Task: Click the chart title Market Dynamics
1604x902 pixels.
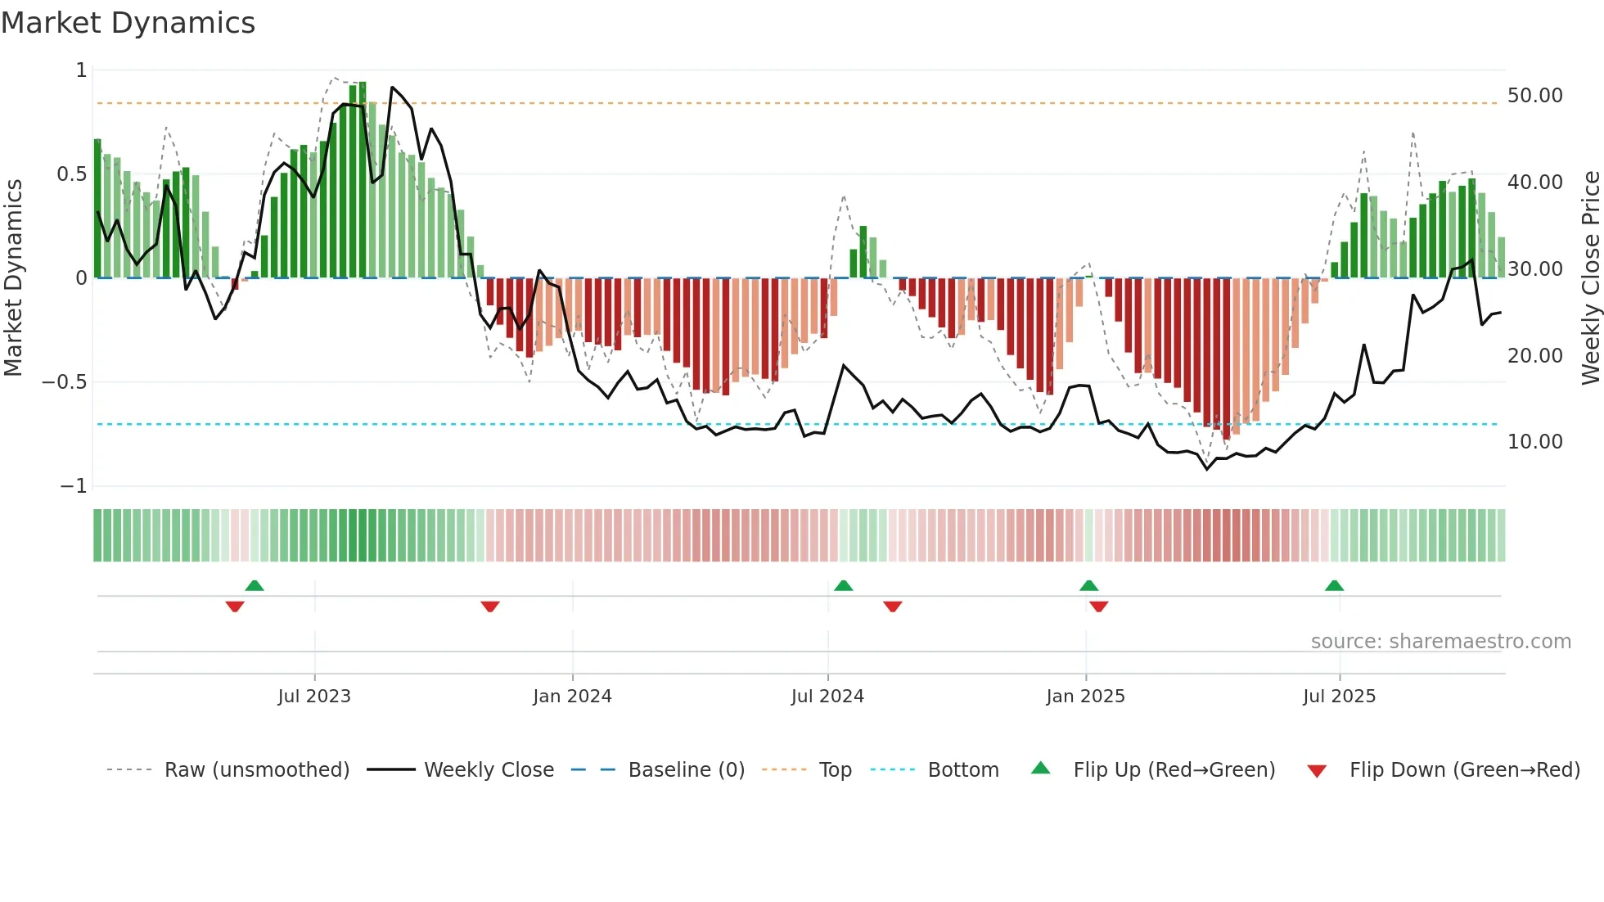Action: [x=128, y=23]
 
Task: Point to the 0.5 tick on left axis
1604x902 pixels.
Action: [x=71, y=174]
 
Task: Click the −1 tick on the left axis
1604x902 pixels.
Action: [x=73, y=486]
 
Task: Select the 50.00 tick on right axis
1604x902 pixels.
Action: [x=1534, y=96]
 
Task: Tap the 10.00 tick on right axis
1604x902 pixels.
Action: [x=1534, y=442]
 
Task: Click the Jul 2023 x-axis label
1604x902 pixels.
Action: [x=314, y=697]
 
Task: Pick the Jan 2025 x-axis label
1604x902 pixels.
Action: [x=1085, y=697]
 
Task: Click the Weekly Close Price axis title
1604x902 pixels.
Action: [x=1590, y=278]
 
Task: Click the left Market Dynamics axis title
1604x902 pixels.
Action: [x=13, y=278]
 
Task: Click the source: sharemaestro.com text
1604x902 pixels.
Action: [x=1440, y=642]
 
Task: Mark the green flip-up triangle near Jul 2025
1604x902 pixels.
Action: [x=1334, y=586]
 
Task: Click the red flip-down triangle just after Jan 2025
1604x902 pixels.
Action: [x=1099, y=607]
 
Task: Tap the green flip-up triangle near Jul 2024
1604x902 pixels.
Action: [x=843, y=586]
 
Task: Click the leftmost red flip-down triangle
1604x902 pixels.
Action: [x=235, y=607]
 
